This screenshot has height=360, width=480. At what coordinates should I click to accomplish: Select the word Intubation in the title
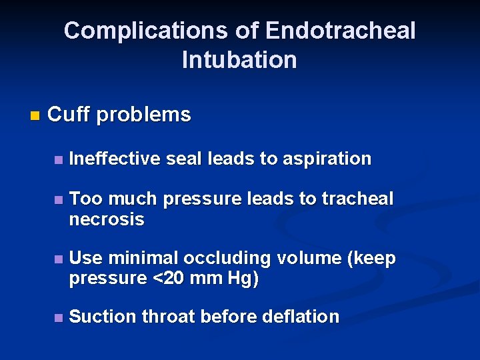pyautogui.click(x=239, y=60)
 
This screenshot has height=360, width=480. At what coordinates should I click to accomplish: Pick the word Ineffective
pyautogui.click(x=115, y=159)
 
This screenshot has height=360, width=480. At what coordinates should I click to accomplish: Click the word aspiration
pyautogui.click(x=327, y=159)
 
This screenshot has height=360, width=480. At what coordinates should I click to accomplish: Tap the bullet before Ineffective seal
pyautogui.click(x=59, y=160)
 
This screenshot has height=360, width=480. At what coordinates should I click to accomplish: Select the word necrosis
pyautogui.click(x=107, y=219)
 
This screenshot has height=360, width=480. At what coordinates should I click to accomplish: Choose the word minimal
pyautogui.click(x=144, y=258)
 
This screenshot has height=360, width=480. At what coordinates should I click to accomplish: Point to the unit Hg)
pyautogui.click(x=243, y=279)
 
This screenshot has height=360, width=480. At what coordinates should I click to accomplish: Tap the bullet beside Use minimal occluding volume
pyautogui.click(x=59, y=259)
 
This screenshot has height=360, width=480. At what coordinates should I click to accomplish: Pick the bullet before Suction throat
pyautogui.click(x=59, y=318)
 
